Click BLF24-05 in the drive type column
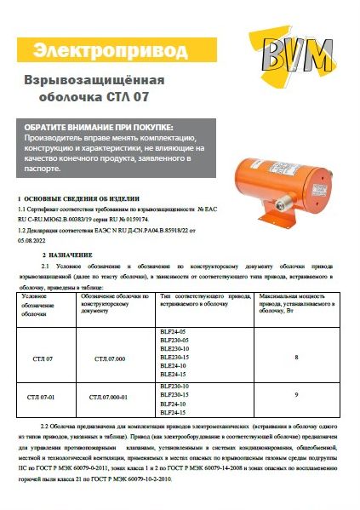pos(172,330)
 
